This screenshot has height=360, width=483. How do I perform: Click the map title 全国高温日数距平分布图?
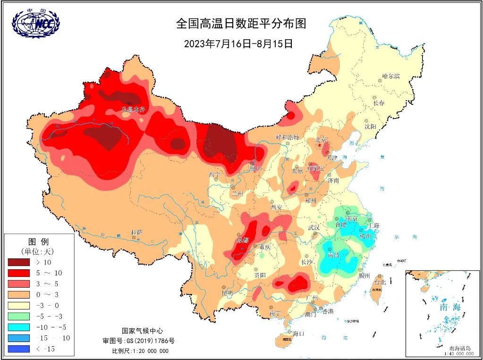click(244, 24)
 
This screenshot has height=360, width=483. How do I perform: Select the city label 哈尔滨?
click(391, 76)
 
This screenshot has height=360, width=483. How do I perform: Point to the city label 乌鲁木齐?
click(133, 109)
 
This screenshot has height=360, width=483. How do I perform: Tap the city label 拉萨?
click(137, 232)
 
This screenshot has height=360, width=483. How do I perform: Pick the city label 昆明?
click(227, 293)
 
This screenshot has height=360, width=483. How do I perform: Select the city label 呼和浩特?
click(287, 137)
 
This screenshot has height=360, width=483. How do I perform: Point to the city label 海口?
click(298, 334)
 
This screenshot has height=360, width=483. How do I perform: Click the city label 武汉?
click(314, 228)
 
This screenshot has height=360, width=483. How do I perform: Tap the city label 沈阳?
click(370, 127)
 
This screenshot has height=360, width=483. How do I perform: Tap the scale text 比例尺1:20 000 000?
click(140, 351)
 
